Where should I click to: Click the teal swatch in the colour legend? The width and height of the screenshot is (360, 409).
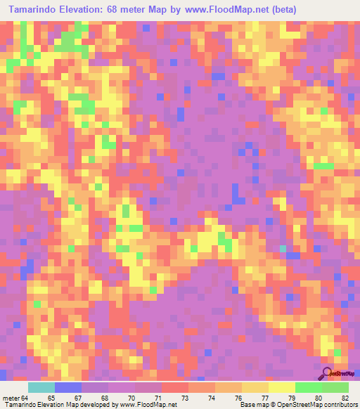click(x=41, y=387)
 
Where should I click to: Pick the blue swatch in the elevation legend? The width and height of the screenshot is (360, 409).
click(x=68, y=387)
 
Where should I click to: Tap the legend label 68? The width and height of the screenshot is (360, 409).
click(x=105, y=398)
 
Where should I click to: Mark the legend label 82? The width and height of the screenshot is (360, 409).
click(x=345, y=398)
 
